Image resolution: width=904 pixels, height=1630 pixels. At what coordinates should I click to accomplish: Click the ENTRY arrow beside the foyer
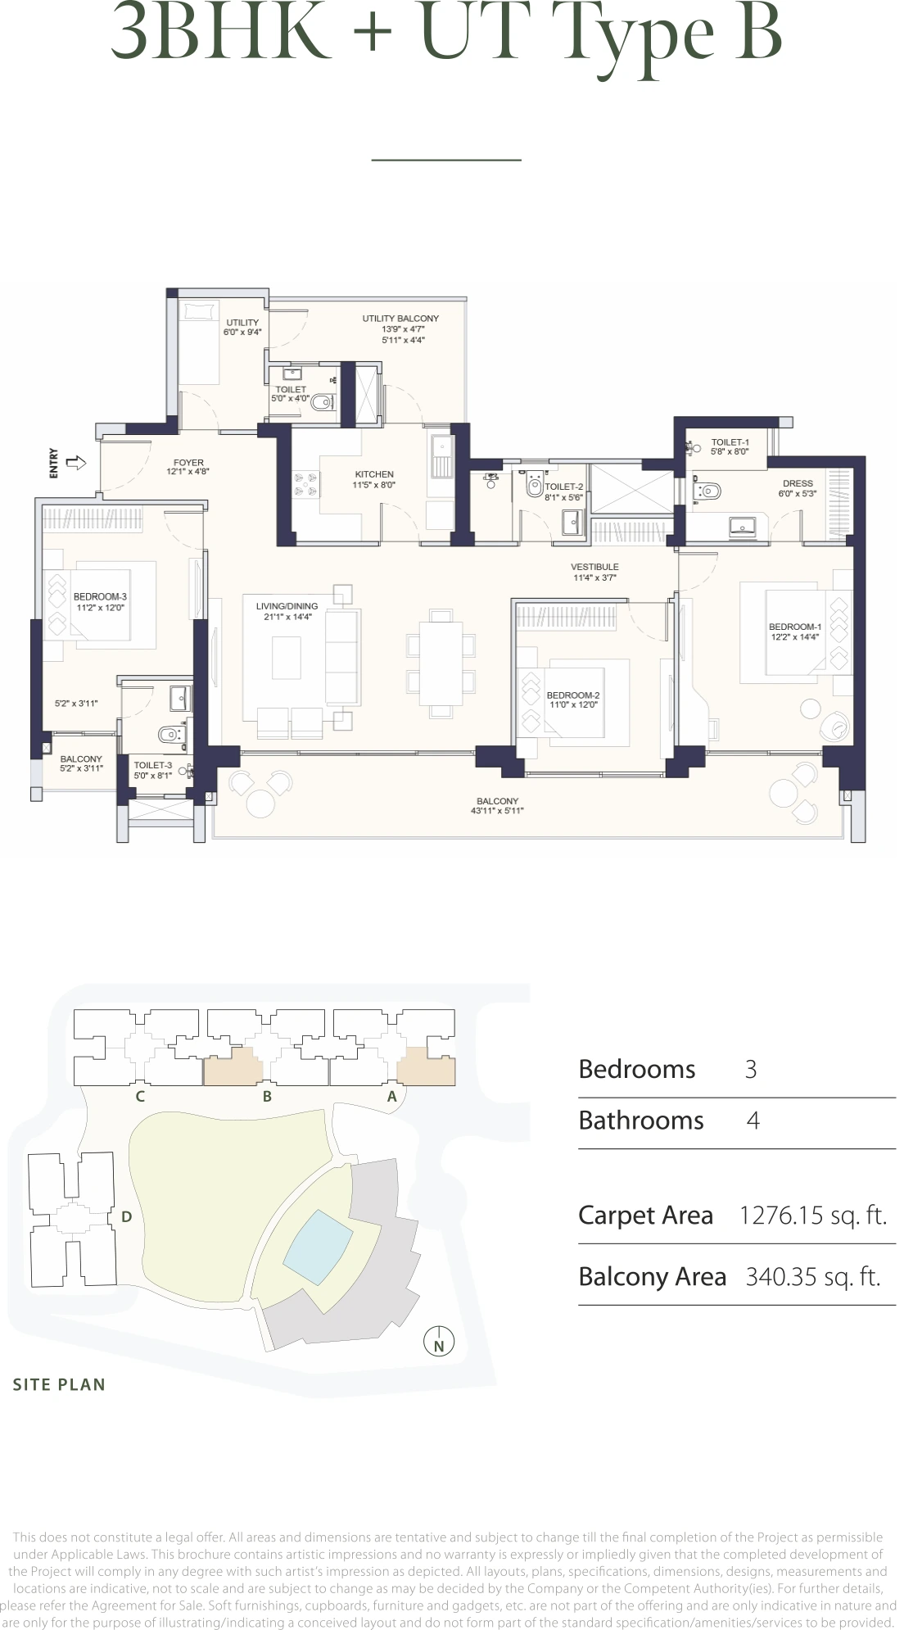(76, 463)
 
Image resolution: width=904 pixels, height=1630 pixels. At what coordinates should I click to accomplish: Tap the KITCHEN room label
(374, 474)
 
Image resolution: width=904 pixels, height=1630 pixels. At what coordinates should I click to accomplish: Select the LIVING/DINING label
(287, 606)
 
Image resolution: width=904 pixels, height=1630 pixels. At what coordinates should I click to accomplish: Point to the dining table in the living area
(441, 663)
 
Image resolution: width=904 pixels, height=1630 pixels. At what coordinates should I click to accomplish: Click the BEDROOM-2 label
(573, 695)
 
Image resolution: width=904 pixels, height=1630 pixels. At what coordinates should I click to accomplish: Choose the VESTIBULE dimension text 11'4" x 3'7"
(594, 577)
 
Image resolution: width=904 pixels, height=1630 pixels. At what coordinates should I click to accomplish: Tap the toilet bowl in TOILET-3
(170, 734)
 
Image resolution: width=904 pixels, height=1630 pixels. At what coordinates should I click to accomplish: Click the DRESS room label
(798, 483)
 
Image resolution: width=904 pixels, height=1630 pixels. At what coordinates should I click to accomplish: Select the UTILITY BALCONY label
(400, 319)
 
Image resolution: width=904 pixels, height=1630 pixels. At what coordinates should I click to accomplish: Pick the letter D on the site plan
(126, 1217)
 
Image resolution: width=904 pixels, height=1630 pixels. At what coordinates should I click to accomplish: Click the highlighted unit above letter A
(426, 1066)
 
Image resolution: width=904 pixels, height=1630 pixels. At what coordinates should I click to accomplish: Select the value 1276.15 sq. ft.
(812, 1215)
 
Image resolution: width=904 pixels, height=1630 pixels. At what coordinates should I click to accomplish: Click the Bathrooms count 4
(753, 1121)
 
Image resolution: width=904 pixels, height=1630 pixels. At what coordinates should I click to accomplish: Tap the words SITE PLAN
(59, 1384)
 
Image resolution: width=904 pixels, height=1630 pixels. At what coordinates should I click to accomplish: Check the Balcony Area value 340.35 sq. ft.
(812, 1276)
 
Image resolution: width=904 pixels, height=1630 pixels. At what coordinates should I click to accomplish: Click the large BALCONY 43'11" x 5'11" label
(497, 801)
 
